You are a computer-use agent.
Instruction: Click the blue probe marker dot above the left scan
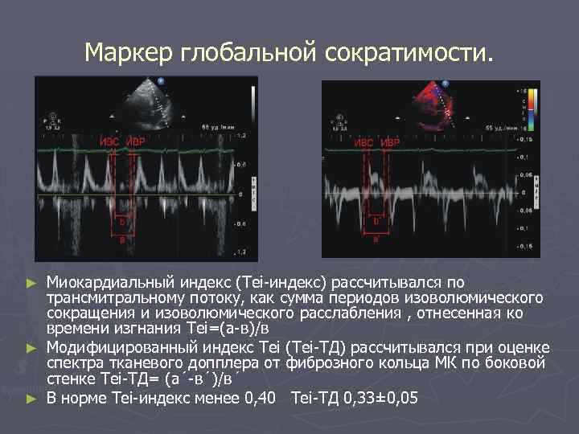(x=161, y=81)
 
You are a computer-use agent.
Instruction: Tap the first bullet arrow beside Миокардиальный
(x=32, y=284)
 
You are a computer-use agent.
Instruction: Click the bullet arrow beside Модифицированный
(x=32, y=348)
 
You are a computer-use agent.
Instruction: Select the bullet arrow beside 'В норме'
(x=32, y=398)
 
